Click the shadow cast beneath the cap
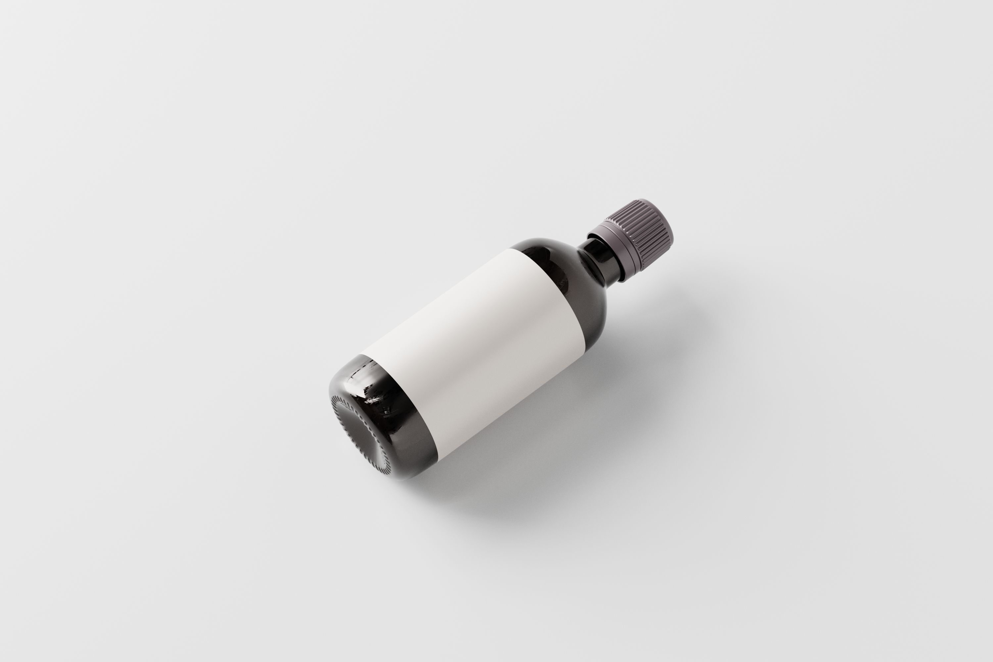[659, 274]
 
